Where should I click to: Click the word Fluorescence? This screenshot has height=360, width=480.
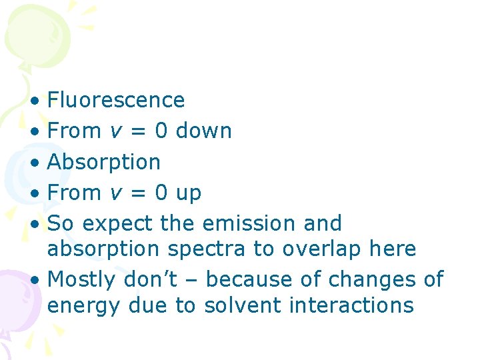tap(116, 100)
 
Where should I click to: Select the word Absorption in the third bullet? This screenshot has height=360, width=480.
tap(104, 162)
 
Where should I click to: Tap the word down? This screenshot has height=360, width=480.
tap(203, 131)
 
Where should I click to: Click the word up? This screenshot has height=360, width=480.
tap(188, 193)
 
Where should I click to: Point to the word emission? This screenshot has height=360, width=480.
tap(247, 223)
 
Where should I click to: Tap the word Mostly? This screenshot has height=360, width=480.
tap(83, 279)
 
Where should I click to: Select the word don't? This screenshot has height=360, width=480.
tap(151, 279)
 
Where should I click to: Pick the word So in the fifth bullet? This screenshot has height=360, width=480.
tap(61, 223)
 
